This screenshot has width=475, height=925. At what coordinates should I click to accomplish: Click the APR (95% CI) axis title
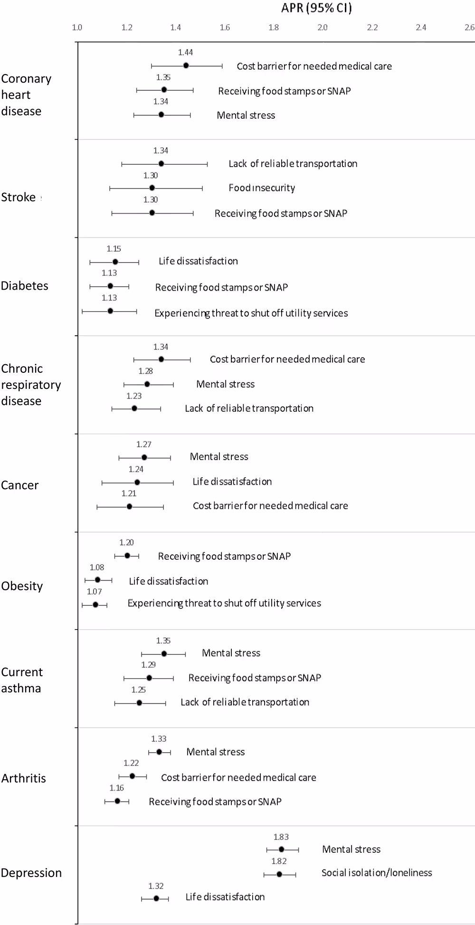point(317,8)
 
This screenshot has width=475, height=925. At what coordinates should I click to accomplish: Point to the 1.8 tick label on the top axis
point(274,28)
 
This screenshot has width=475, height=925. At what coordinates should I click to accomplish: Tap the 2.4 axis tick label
point(421,28)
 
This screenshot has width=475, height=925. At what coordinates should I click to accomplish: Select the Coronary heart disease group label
point(26,95)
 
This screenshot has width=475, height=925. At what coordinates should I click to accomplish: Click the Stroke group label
point(19,197)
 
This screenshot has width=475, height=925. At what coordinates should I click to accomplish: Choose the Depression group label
point(31,873)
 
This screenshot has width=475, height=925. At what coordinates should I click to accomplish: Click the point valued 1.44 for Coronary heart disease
point(186,66)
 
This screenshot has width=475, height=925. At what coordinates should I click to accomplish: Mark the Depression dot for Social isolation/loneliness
point(279,874)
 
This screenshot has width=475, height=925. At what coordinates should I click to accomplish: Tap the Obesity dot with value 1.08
point(98,580)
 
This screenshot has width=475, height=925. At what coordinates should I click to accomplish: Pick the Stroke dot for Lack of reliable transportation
point(161,164)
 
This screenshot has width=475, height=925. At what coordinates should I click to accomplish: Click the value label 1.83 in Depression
point(281,837)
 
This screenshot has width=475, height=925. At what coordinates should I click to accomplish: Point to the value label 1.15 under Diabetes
point(114,249)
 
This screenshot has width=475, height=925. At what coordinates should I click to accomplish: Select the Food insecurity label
point(262,188)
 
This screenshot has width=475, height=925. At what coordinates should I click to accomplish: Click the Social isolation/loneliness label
point(377,873)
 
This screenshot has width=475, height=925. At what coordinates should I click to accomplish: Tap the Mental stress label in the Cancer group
point(219,457)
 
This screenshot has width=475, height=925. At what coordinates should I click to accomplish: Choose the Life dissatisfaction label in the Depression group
point(225,897)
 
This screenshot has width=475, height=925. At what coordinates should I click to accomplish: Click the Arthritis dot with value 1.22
point(132,776)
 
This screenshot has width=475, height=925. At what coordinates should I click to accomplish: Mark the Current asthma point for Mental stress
point(164,654)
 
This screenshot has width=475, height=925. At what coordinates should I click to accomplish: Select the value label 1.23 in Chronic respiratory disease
point(134,396)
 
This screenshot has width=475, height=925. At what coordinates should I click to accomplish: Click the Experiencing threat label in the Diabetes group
point(251,313)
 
